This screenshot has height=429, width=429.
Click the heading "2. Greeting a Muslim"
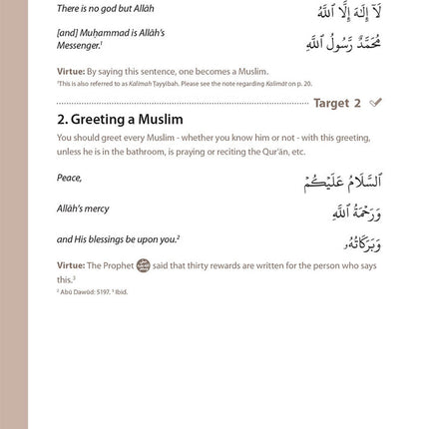point(120,120)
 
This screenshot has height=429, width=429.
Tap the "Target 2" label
point(337,103)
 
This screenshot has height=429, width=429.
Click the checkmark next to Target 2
point(375,103)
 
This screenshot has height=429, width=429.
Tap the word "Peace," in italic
point(69,179)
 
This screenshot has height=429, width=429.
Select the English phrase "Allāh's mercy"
point(83,209)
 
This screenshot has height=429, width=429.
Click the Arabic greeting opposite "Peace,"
point(342,182)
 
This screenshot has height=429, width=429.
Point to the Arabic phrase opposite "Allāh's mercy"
point(357,213)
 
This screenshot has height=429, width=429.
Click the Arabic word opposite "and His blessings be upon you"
point(363,242)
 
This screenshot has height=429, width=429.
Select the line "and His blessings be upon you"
point(117,239)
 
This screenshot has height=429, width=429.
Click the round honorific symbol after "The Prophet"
point(143,265)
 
